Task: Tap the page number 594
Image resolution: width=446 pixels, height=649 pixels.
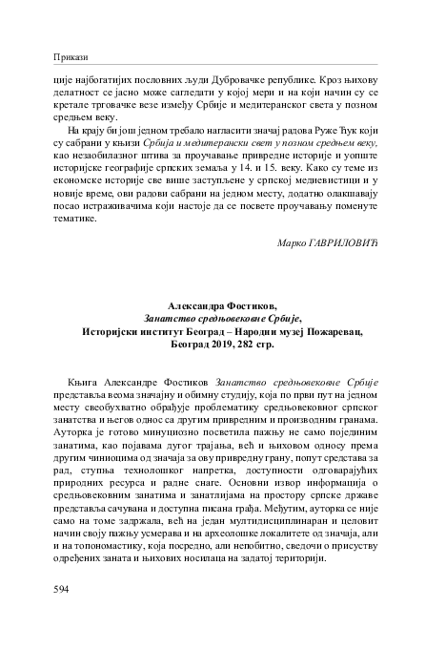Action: click(x=63, y=591)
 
